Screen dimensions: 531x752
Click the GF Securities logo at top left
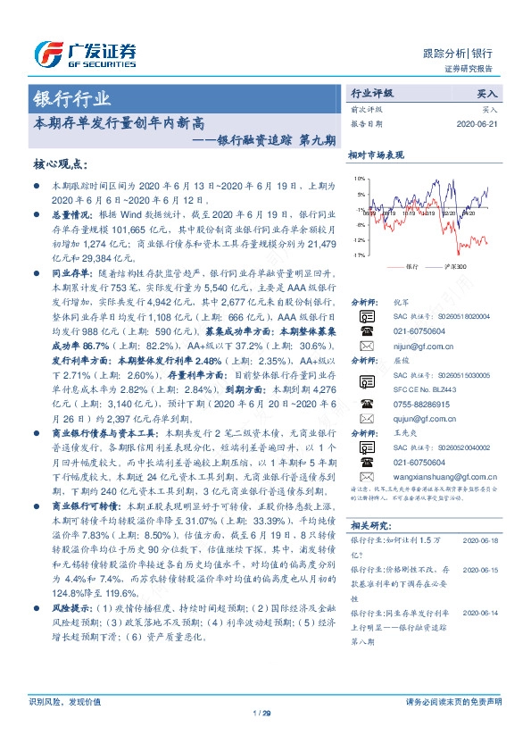[85, 54]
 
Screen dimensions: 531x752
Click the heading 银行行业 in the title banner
[72, 97]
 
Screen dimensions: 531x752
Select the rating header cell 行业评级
[372, 93]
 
